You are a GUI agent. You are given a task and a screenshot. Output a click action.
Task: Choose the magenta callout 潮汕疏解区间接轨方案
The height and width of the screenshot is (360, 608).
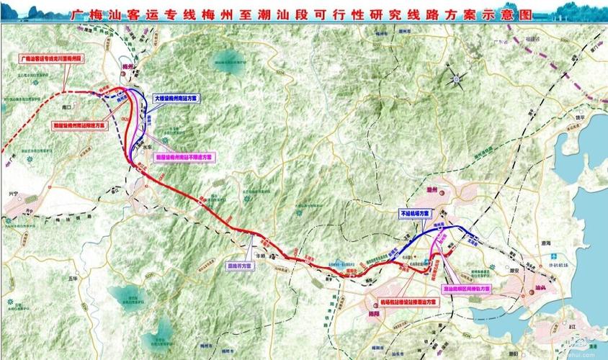pyautogui.click(x=465, y=287)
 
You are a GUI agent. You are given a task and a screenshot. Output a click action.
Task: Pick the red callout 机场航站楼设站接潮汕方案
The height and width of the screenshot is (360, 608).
pyautogui.click(x=408, y=302)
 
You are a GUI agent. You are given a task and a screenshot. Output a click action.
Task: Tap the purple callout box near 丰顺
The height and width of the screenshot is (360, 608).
pyautogui.click(x=241, y=264)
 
